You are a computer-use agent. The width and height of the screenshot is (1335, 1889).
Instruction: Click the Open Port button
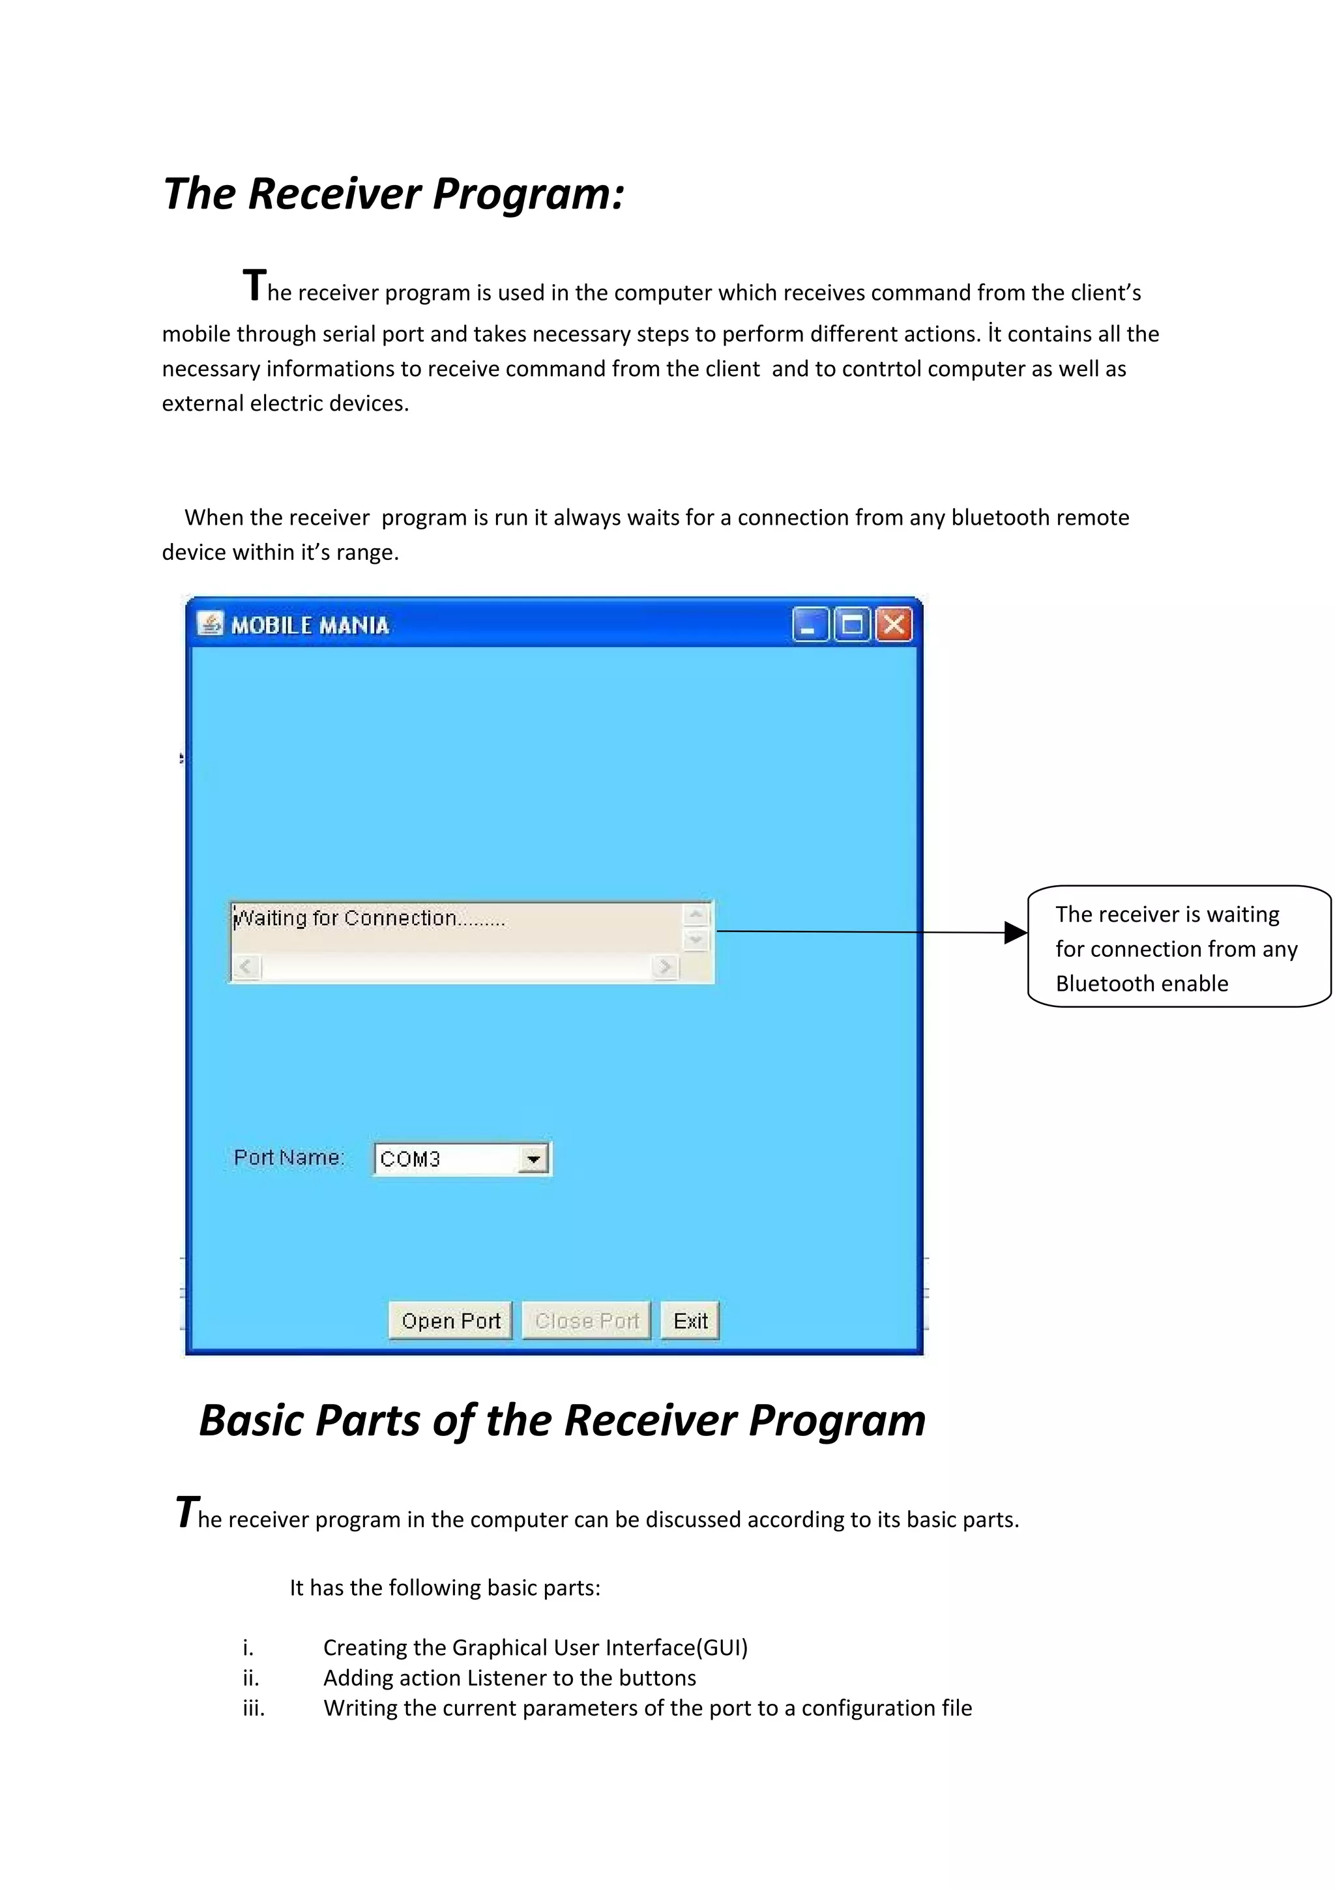pos(450,1321)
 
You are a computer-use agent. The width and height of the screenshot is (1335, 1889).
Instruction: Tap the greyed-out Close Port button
pos(587,1321)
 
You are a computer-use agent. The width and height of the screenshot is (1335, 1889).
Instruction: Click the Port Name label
pos(288,1158)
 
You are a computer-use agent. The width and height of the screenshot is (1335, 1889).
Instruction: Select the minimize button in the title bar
pos(810,624)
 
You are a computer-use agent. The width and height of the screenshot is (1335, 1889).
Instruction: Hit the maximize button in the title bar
pos(852,624)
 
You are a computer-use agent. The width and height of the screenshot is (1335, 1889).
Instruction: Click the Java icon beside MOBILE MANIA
pos(210,624)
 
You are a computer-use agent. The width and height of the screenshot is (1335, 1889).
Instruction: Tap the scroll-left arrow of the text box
pos(246,966)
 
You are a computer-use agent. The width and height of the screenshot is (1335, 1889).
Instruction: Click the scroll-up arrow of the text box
pos(696,914)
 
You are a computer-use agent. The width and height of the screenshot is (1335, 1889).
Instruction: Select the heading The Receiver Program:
pos(393,194)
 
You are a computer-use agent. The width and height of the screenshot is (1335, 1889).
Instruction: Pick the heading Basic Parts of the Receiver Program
pos(562,1420)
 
